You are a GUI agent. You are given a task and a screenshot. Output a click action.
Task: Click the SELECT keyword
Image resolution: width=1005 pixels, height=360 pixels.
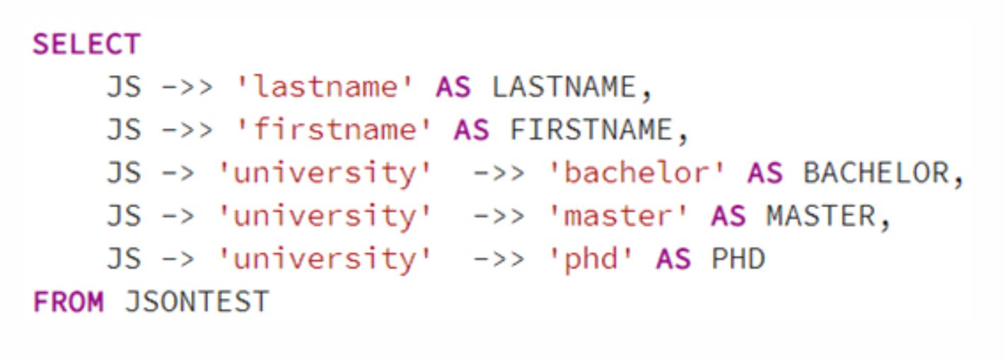87,44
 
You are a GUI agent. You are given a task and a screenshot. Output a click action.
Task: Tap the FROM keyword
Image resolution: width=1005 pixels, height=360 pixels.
69,301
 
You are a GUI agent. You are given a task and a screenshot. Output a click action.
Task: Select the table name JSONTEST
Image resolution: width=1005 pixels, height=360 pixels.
197,301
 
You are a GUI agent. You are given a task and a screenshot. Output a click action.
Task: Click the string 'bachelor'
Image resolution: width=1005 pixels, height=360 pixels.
636,173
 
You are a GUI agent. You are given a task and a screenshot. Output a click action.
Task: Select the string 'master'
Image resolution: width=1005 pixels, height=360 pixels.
618,216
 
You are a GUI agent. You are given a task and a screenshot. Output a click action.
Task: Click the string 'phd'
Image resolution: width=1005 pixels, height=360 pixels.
590,259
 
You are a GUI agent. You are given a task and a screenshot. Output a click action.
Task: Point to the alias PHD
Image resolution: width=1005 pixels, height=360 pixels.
738,259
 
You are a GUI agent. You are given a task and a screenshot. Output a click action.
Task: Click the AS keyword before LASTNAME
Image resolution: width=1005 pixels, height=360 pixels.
453,86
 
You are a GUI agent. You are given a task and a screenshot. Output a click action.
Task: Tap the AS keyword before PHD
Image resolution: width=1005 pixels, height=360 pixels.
673,259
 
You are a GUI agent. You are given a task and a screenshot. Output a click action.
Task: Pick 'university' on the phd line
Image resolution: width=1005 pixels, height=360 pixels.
325,260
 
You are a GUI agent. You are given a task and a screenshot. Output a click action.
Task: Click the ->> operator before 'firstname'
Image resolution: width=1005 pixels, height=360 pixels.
187,130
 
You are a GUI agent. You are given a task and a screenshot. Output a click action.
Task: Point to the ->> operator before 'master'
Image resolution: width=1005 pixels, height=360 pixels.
499,216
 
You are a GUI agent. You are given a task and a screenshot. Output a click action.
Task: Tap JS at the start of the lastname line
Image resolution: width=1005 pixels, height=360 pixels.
124,86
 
